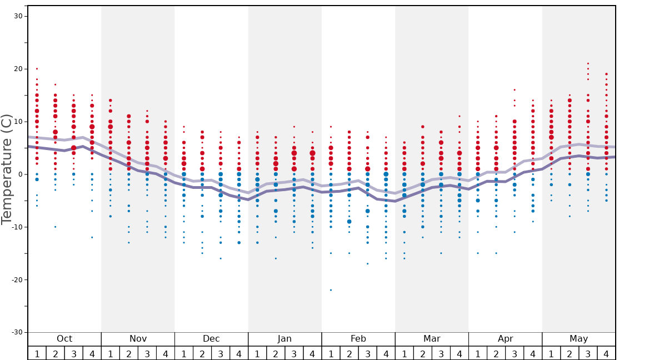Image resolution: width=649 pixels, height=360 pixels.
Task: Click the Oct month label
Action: (64, 339)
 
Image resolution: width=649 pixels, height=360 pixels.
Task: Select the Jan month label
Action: (284, 339)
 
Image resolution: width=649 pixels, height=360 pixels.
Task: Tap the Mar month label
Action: (432, 339)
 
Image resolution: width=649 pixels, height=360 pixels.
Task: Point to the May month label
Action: (578, 339)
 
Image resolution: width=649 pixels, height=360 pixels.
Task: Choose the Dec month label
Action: (211, 339)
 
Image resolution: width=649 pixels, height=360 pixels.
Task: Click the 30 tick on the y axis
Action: (18, 16)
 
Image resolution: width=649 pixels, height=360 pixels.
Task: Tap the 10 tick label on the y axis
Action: (18, 122)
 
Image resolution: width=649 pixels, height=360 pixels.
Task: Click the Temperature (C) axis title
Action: (7, 169)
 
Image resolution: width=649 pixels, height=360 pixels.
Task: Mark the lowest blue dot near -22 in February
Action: (331, 290)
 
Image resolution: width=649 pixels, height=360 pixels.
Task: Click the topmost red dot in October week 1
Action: (37, 69)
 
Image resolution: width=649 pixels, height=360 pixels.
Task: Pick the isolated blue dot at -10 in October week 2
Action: (55, 227)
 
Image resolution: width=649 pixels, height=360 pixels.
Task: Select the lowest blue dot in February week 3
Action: (367, 263)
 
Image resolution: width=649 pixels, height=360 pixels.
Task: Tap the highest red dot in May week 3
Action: (588, 63)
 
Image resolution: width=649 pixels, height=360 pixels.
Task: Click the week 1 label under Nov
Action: (111, 353)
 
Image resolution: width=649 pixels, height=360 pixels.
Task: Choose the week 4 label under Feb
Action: (386, 353)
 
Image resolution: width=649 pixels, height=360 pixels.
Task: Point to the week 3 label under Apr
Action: (515, 353)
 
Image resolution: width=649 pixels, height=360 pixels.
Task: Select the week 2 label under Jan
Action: (276, 353)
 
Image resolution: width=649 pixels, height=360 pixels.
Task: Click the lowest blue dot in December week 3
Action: (221, 258)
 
